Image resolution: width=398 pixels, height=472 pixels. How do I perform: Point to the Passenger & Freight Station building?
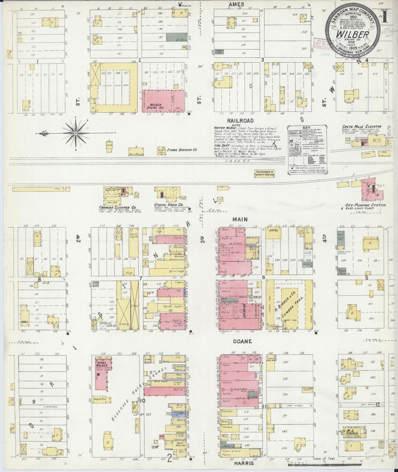point(264,173)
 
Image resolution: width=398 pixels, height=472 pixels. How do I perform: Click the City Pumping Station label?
point(366,205)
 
